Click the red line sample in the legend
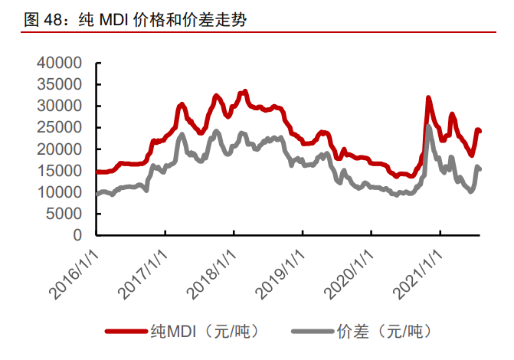pos(126,332)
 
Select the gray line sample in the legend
pos(313,332)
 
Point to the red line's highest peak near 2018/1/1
pos(244,91)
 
